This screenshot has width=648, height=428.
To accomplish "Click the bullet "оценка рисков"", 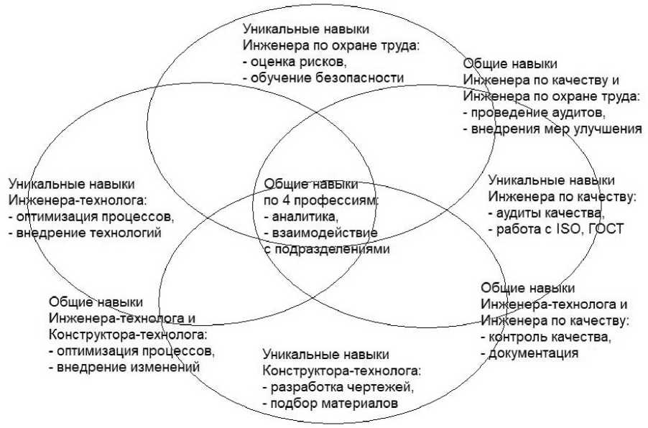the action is point(290,62).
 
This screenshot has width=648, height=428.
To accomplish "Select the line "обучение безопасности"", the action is point(327,78).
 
